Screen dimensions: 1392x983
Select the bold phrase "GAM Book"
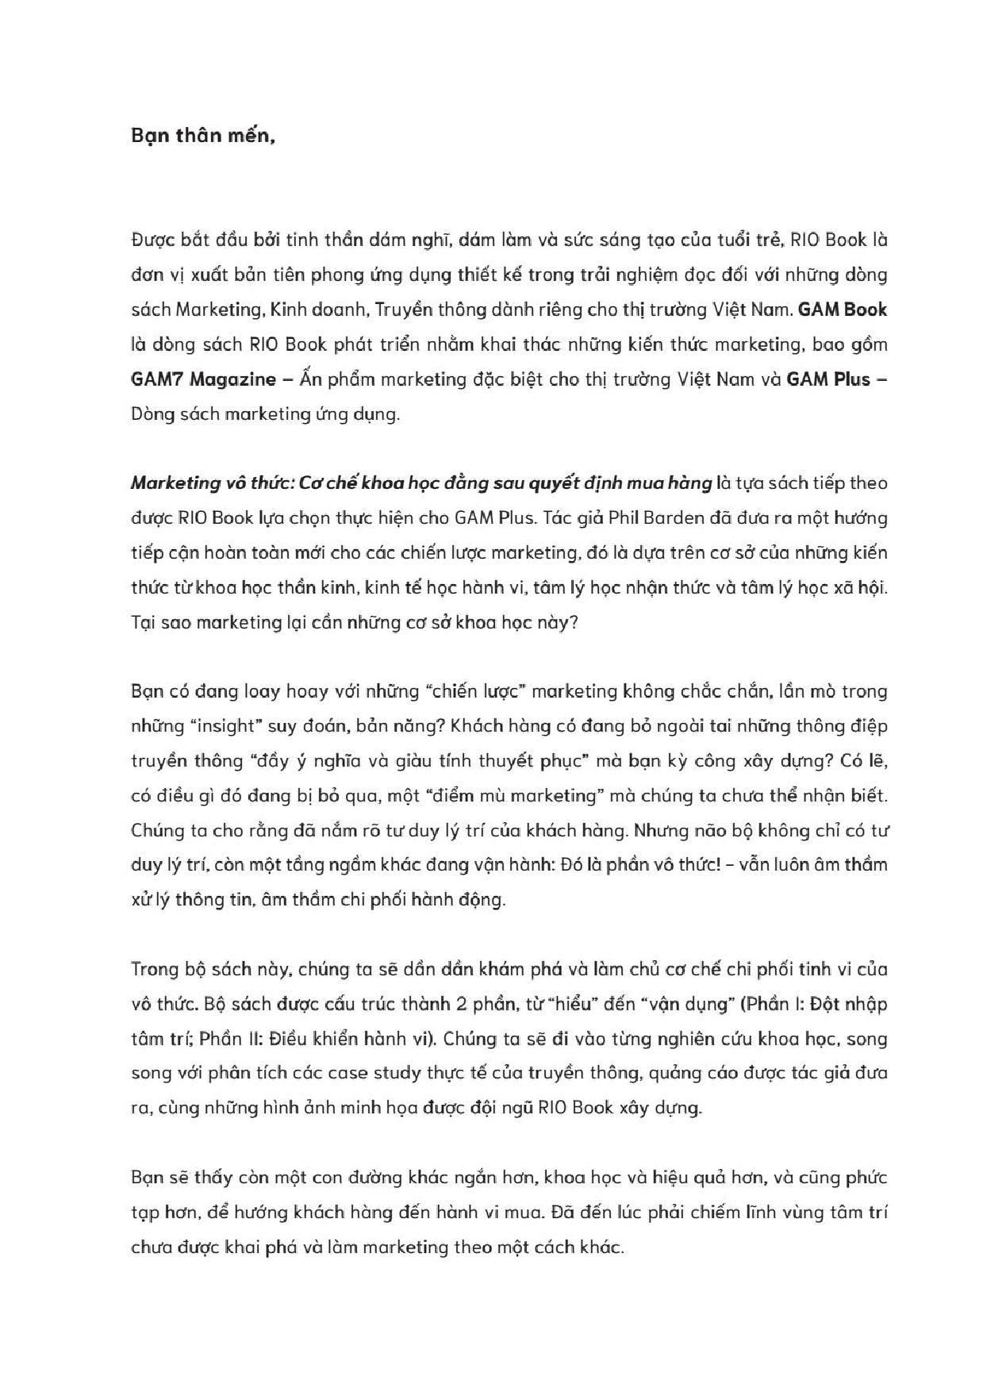pyautogui.click(x=842, y=310)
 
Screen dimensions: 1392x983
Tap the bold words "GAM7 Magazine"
pyautogui.click(x=202, y=379)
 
